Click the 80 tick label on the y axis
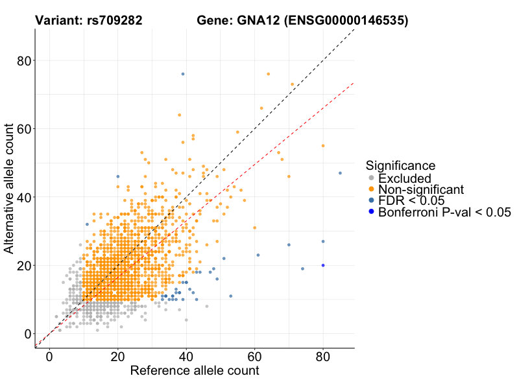pos(24,60)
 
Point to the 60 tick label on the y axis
pos(24,128)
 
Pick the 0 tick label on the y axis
pos(28,333)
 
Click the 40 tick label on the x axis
pos(186,356)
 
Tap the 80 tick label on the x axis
pos(323,356)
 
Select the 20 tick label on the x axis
pos(117,356)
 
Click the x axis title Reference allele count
pos(195,371)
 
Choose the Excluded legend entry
pos(405,178)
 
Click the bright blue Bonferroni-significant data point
pos(323,265)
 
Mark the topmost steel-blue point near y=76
pos(183,74)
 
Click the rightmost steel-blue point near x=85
pos(340,173)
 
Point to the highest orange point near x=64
pos(269,74)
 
